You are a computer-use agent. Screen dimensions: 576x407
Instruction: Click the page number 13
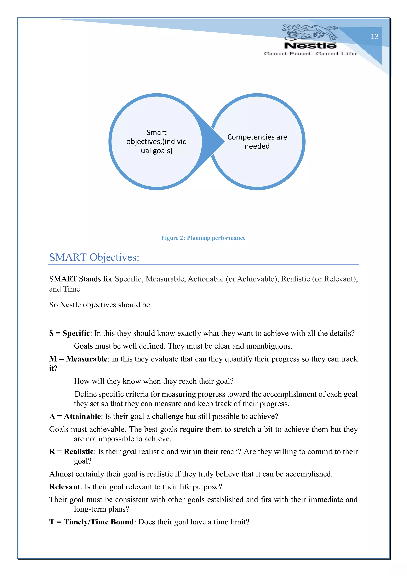(x=374, y=37)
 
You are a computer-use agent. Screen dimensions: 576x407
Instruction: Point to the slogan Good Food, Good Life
(x=310, y=54)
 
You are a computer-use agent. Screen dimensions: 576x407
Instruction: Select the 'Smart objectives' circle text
(x=157, y=141)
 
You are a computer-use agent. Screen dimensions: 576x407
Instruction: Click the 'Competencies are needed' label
(x=257, y=141)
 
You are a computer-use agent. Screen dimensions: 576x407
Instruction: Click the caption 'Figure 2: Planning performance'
(x=203, y=238)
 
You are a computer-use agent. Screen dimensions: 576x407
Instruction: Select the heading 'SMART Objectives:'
(x=94, y=257)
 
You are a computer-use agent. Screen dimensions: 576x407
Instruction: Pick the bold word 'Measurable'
(x=87, y=359)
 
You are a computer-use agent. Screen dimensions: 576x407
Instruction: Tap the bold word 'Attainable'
(x=82, y=416)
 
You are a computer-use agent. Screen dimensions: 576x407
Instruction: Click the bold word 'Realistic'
(x=79, y=451)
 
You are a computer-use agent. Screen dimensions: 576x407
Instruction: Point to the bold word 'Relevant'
(x=65, y=487)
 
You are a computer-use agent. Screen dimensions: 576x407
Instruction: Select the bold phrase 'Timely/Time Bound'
(x=99, y=522)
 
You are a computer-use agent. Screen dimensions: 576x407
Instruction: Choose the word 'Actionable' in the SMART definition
(x=205, y=279)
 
